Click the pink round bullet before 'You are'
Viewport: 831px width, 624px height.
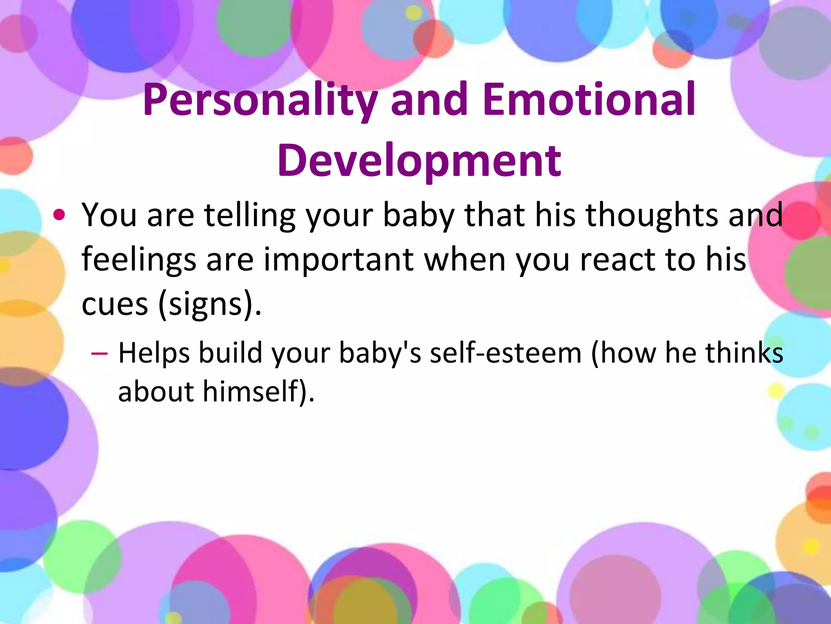click(x=59, y=215)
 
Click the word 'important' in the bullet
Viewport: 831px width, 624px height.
click(x=339, y=260)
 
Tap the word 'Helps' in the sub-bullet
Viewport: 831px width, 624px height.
click(x=154, y=353)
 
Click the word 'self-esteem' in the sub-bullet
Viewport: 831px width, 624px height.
click(x=506, y=353)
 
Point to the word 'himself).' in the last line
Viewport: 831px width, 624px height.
click(x=258, y=392)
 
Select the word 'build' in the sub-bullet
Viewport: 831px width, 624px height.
click(x=230, y=353)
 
